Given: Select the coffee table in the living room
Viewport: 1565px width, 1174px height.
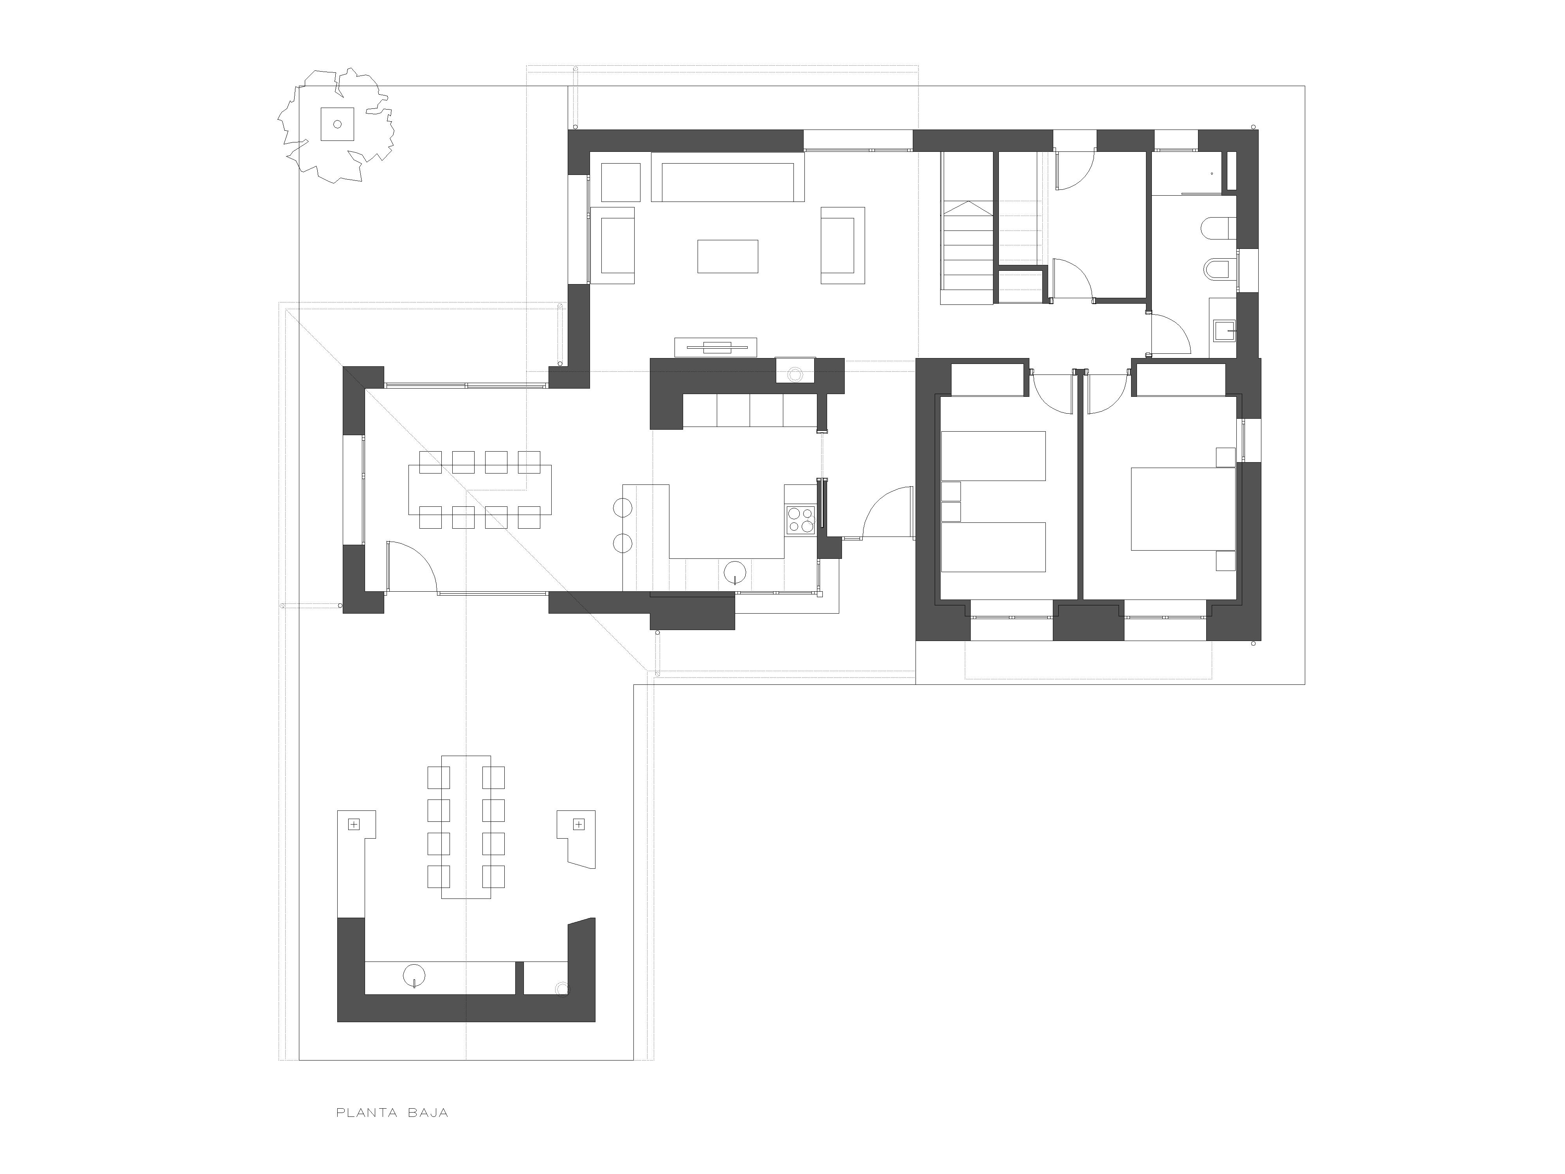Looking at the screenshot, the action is [727, 256].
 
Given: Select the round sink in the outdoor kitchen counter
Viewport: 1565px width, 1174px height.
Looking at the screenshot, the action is [414, 975].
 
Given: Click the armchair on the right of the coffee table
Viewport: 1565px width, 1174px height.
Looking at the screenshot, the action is [843, 245].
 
